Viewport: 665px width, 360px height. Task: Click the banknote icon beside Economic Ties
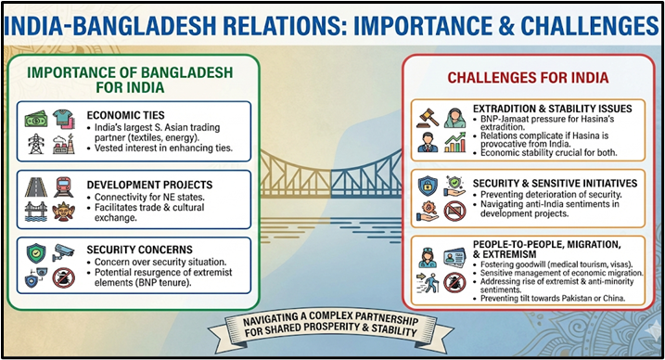coord(36,119)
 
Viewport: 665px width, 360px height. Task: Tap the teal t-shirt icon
coord(63,118)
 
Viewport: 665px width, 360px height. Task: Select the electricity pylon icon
coord(36,145)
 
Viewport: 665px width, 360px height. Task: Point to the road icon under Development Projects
coord(36,185)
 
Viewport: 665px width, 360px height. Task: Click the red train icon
coord(63,185)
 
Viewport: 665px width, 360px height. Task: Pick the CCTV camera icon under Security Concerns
coord(63,252)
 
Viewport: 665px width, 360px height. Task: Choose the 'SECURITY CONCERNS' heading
coord(139,250)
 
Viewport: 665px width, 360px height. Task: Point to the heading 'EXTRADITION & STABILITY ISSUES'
coord(552,109)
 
